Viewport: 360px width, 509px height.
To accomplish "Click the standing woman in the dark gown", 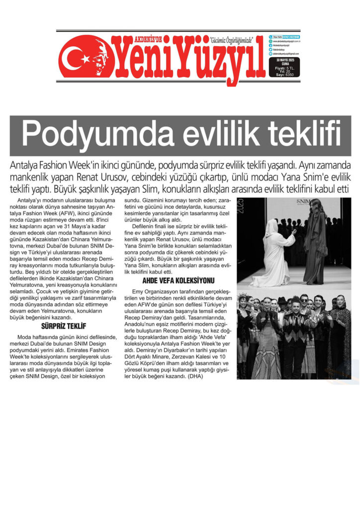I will [x=316, y=244].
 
